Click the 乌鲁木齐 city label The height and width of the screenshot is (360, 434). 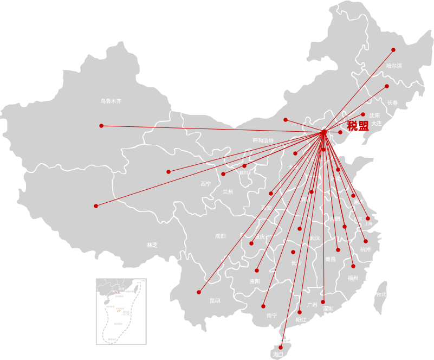(x=111, y=101)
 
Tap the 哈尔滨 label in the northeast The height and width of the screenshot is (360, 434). (x=394, y=66)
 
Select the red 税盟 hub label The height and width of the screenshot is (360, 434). (x=358, y=126)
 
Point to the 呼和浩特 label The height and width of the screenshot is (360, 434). (x=263, y=140)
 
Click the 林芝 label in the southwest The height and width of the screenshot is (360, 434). (x=152, y=245)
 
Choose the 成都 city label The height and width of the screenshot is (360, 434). (x=220, y=236)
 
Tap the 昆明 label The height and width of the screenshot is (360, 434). (x=215, y=300)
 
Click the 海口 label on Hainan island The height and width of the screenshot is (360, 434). (x=278, y=355)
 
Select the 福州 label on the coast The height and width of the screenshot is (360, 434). (x=353, y=278)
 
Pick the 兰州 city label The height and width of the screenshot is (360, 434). (x=228, y=192)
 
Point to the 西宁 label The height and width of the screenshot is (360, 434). (x=206, y=184)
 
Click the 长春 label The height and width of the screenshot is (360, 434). (x=392, y=102)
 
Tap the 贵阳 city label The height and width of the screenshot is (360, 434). (x=255, y=281)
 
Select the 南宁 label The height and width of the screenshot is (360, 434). (x=272, y=315)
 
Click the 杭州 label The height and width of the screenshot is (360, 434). (x=366, y=249)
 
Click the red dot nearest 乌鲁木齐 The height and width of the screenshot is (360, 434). (x=101, y=126)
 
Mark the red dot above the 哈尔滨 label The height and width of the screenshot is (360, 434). (x=393, y=50)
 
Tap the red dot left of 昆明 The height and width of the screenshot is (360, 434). (x=199, y=292)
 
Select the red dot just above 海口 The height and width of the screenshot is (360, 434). (x=281, y=348)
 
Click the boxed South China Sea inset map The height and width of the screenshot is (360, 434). (x=121, y=311)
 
